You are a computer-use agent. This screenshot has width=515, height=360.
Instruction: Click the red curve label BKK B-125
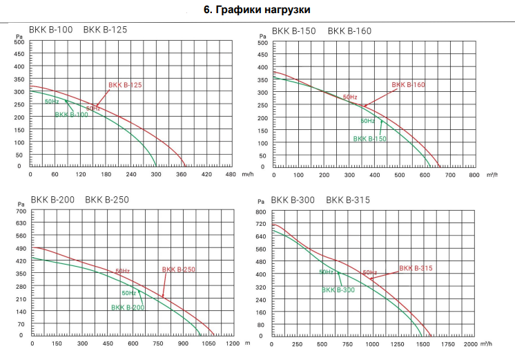tap(125, 85)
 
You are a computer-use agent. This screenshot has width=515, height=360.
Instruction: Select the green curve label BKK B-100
tap(71, 114)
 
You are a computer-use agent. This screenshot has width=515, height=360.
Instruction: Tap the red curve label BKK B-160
tap(409, 85)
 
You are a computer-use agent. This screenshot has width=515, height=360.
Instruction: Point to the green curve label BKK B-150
tap(369, 139)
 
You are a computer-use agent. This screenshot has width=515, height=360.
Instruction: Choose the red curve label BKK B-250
tap(179, 269)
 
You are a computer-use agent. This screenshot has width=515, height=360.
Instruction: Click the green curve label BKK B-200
tap(128, 307)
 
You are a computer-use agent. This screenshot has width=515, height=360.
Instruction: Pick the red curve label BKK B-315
tap(416, 267)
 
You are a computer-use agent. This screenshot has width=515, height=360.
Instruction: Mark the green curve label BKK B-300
tap(338, 290)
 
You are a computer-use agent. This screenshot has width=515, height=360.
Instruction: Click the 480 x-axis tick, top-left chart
tap(231, 175)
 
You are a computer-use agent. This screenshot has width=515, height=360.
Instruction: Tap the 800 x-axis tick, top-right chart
tap(474, 175)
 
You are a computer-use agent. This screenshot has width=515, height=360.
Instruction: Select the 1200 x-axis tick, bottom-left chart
tap(233, 343)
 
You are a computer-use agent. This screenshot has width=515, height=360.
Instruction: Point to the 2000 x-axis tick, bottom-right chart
tap(470, 343)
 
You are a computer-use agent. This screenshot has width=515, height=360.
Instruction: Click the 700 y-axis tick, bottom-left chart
tap(21, 211)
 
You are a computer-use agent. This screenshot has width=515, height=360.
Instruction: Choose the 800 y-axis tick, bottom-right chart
tap(260, 211)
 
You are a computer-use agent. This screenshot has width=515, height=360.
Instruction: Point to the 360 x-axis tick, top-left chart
tap(181, 175)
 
